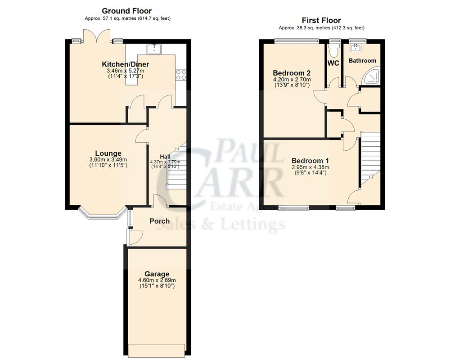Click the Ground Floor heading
point(126,11)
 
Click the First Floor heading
point(321,20)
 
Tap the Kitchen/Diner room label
point(125,64)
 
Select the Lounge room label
point(108,153)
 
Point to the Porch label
point(159,221)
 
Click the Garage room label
point(157,274)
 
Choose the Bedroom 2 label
point(292,73)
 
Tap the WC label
point(333,63)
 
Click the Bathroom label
point(362,61)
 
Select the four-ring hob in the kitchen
point(180,74)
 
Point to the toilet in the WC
point(333,49)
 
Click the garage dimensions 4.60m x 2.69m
point(157,280)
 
